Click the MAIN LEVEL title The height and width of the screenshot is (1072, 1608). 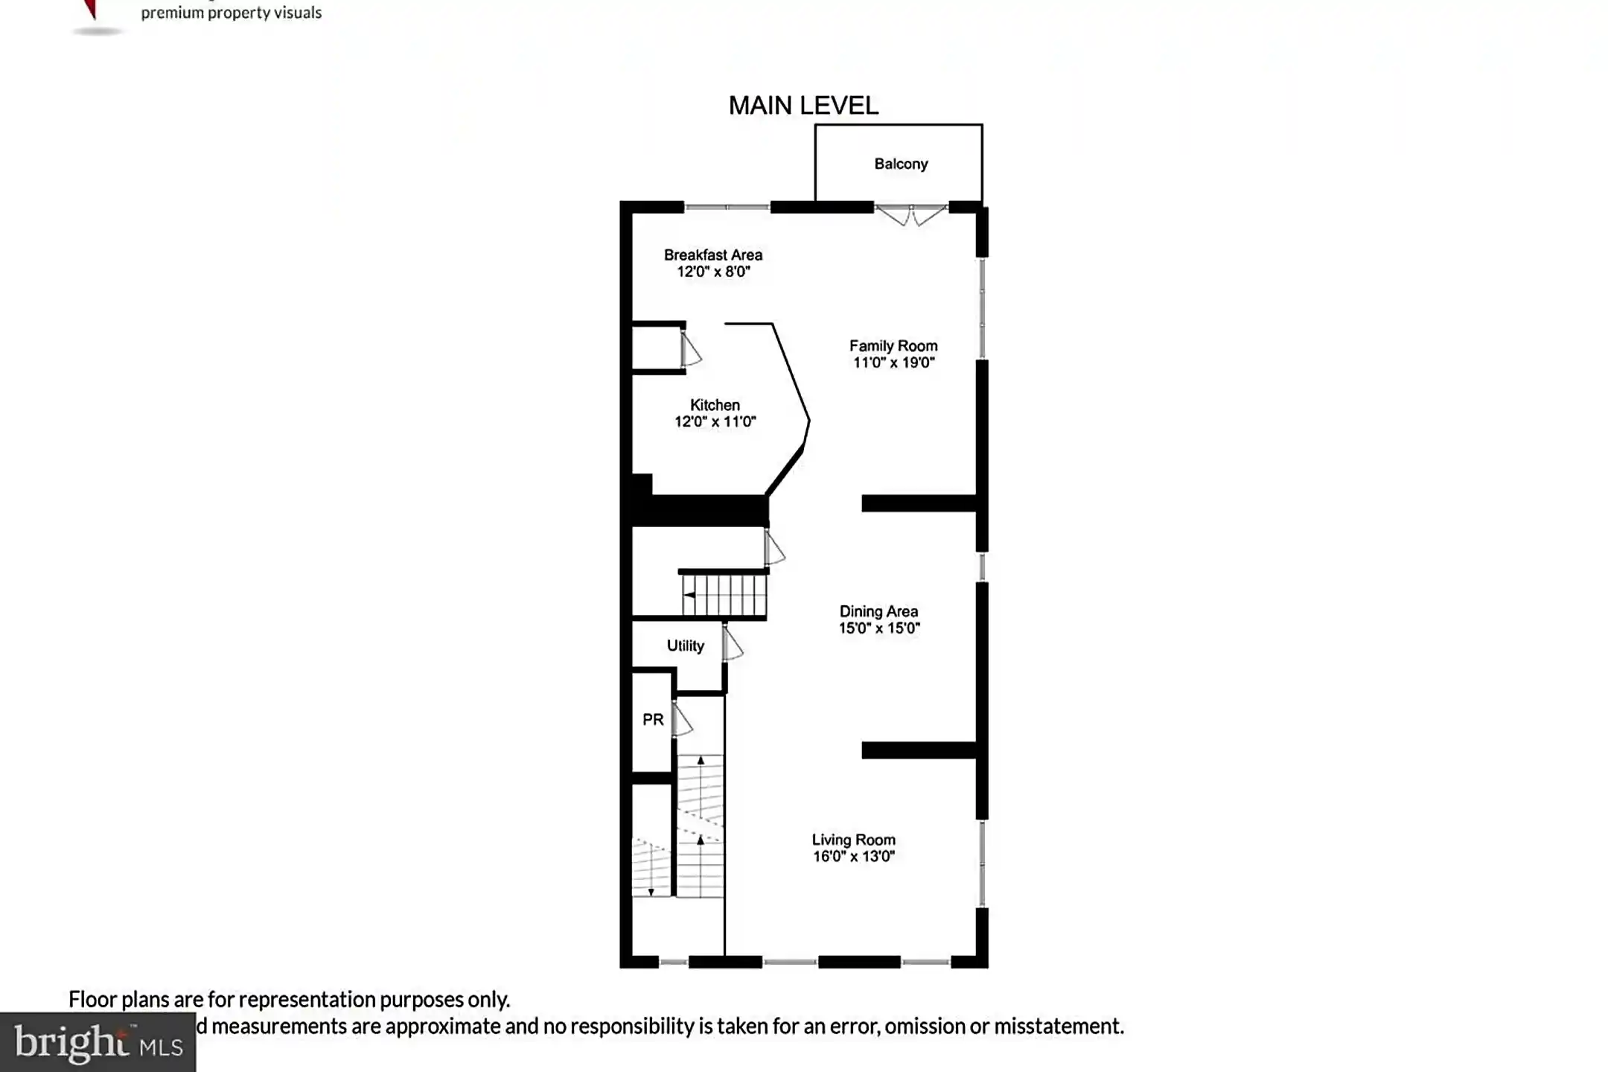click(x=803, y=106)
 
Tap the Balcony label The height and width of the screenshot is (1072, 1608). click(x=901, y=164)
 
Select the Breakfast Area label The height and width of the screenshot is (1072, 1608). click(x=713, y=255)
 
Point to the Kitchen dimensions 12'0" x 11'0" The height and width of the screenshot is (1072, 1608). click(x=715, y=421)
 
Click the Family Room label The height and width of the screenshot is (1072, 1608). click(x=893, y=345)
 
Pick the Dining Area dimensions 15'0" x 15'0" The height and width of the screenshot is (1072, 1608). click(x=879, y=628)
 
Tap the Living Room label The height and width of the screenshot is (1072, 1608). click(x=853, y=840)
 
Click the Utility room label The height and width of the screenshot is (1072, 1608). click(x=685, y=645)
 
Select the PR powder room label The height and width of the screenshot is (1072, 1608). click(x=653, y=719)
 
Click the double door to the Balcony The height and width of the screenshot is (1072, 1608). click(x=910, y=215)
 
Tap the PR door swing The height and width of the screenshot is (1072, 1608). click(x=682, y=718)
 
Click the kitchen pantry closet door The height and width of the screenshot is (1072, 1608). click(x=691, y=348)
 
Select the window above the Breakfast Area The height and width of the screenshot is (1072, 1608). click(x=727, y=207)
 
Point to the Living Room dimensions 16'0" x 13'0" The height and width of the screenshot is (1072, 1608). click(x=853, y=856)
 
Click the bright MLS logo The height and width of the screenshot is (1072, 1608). click(x=98, y=1042)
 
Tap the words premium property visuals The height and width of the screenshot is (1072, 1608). click(x=232, y=13)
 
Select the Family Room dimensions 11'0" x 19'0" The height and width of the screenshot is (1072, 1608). click(x=893, y=363)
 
